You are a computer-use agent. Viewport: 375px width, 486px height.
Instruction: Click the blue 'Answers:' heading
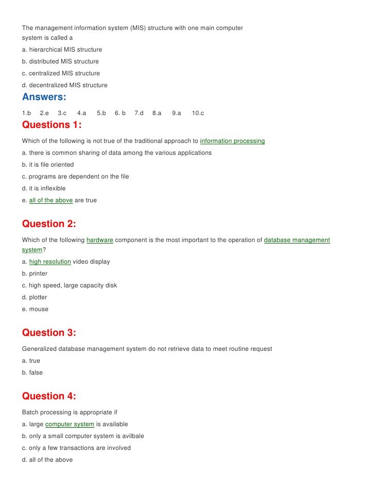tap(44, 97)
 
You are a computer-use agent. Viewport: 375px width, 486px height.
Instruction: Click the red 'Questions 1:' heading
tap(52, 125)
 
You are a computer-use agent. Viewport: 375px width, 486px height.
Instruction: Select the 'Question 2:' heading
tap(49, 224)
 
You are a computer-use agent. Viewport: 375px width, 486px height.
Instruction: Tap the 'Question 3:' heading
tap(49, 333)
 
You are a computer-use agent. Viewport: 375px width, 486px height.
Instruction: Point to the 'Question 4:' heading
tap(49, 396)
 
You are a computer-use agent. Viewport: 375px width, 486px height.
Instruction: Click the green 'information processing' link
tap(232, 141)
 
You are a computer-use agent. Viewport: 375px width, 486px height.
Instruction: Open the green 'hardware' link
tap(99, 240)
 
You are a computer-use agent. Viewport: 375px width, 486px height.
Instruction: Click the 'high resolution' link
tap(50, 262)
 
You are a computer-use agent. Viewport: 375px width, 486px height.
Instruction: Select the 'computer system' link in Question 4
tap(70, 424)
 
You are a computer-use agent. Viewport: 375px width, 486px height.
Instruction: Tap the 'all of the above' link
tap(51, 200)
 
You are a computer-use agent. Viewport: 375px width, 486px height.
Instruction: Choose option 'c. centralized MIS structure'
tap(61, 73)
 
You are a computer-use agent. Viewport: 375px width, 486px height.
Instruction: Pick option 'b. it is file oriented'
tap(48, 165)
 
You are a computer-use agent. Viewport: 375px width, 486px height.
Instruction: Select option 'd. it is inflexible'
tap(44, 188)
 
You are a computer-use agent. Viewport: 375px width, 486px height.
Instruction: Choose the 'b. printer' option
tap(35, 273)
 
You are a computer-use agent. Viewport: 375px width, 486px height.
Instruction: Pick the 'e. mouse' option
tap(35, 309)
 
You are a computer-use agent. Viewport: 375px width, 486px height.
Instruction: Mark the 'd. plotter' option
tap(35, 297)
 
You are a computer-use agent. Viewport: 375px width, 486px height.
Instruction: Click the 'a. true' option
tap(31, 361)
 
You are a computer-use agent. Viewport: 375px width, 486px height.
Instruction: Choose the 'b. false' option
tap(32, 372)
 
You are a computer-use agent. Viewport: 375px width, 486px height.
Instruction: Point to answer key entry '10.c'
tap(198, 113)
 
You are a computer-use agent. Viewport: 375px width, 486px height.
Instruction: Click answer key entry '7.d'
tap(139, 113)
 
